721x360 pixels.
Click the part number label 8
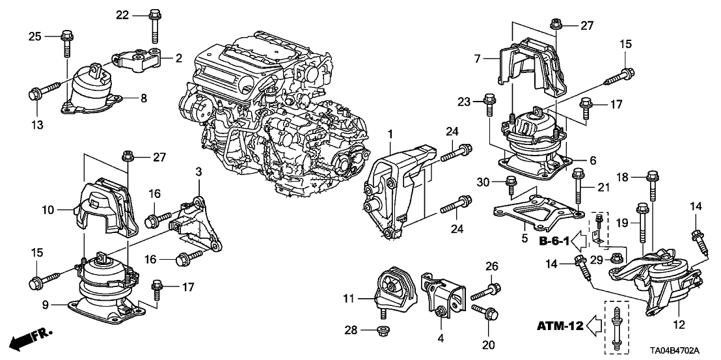pos(144,98)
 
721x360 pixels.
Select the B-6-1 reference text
pos(554,242)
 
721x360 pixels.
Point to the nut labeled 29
pos(614,260)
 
